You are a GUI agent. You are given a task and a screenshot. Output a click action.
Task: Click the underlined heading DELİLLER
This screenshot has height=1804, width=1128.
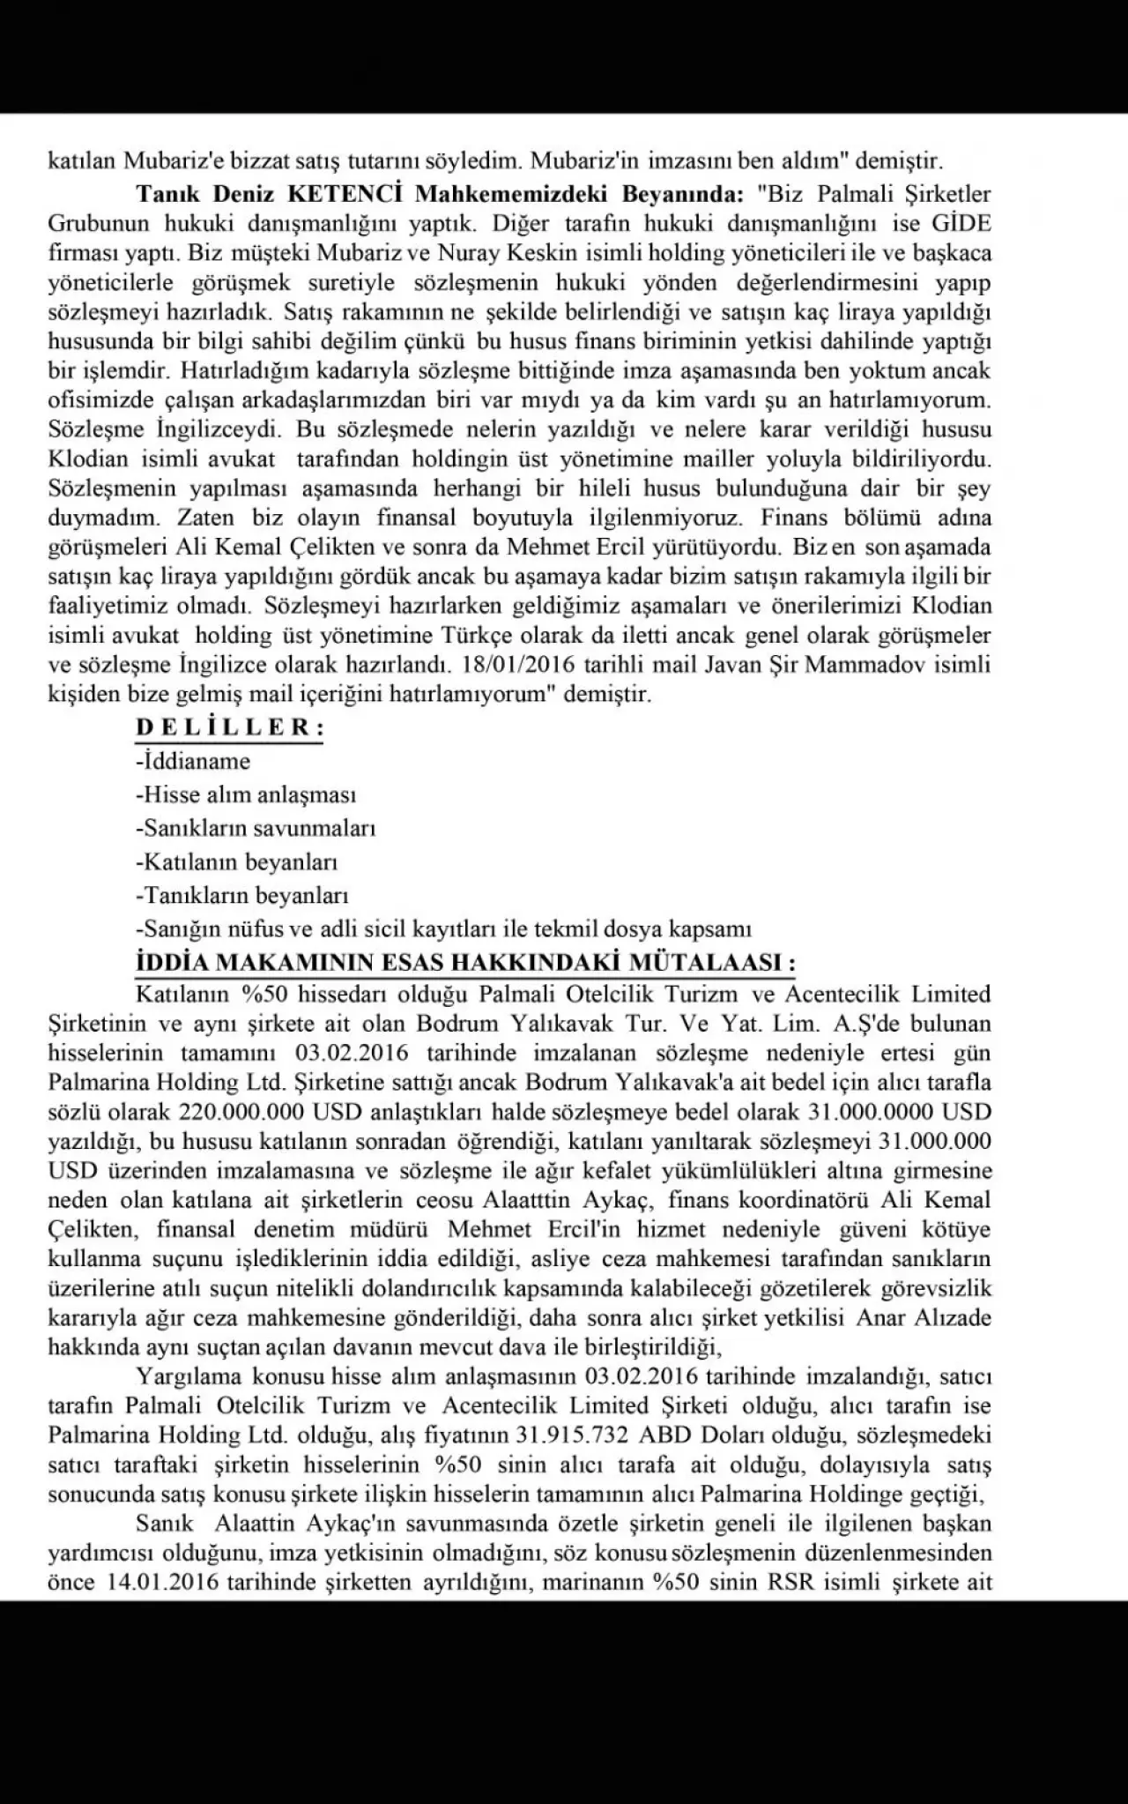coord(229,728)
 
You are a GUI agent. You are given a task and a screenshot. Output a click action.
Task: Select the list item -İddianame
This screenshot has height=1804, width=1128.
coord(193,761)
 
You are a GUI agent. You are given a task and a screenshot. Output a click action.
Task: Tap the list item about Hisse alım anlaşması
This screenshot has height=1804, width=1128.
coord(246,794)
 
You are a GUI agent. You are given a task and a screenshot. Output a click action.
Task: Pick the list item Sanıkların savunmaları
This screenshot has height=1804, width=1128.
coord(256,829)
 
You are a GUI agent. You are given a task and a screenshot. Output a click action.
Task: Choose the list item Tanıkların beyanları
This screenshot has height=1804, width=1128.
coord(242,896)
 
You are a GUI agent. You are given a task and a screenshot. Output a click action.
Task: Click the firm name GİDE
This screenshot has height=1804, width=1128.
coord(960,223)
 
